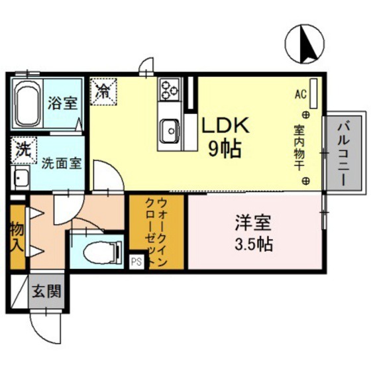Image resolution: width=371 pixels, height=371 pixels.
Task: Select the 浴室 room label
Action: pos(63,103)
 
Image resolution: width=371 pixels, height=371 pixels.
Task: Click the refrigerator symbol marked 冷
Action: pos(103,91)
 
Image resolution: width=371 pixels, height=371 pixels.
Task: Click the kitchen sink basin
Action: pos(169,129)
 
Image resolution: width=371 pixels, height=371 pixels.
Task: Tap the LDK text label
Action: pos(225,126)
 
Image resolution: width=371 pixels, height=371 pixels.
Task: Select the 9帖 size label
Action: pos(224,148)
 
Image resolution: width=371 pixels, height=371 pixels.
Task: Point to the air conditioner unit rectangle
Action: pos(314,92)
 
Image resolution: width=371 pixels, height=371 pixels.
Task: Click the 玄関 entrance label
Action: pos(46,290)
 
